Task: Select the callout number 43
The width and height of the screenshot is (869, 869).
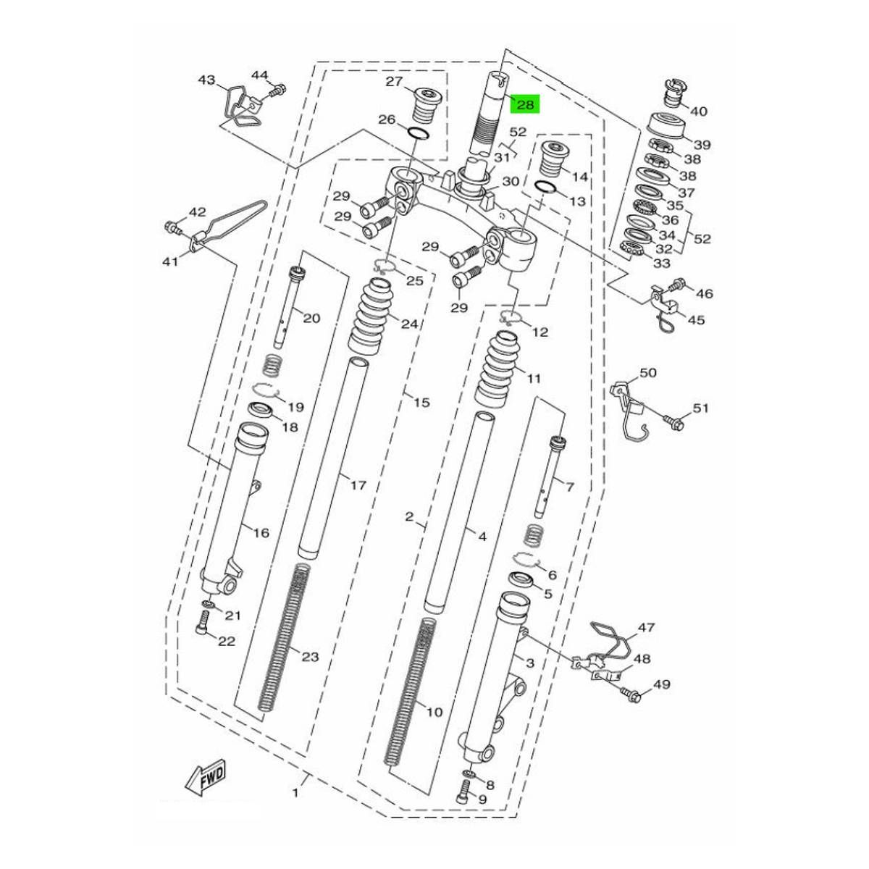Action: point(207,79)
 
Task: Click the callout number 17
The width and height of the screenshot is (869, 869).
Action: point(358,485)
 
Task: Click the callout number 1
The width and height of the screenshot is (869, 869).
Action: point(295,794)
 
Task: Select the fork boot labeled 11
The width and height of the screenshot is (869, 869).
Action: point(500,369)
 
